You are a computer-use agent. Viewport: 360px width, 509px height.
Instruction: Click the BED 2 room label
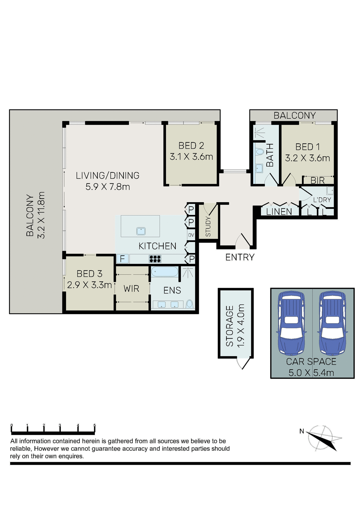pos(191,146)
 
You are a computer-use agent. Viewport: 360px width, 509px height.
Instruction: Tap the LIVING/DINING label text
pos(108,175)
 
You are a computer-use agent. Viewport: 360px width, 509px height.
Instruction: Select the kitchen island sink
pos(141,231)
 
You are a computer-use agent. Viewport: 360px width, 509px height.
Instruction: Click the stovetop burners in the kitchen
pos(155,259)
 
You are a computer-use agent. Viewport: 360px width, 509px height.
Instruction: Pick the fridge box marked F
pos(122,259)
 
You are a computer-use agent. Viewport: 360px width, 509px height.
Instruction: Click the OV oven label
pos(191,235)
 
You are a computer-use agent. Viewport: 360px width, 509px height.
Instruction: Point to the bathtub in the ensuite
pos(165,272)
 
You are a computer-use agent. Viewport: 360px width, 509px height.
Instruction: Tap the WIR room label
pos(131,289)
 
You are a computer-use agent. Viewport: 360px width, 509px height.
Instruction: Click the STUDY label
pos(208,227)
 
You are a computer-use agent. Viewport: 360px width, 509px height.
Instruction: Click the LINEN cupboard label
pos(279,212)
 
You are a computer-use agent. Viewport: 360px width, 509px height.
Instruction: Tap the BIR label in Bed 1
pos(318,181)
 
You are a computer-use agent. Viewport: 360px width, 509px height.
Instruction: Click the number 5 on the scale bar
pos(95,425)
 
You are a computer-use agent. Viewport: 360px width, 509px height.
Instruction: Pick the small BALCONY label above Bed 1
pos(295,116)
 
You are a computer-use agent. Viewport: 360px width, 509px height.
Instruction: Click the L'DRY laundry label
pos(322,200)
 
